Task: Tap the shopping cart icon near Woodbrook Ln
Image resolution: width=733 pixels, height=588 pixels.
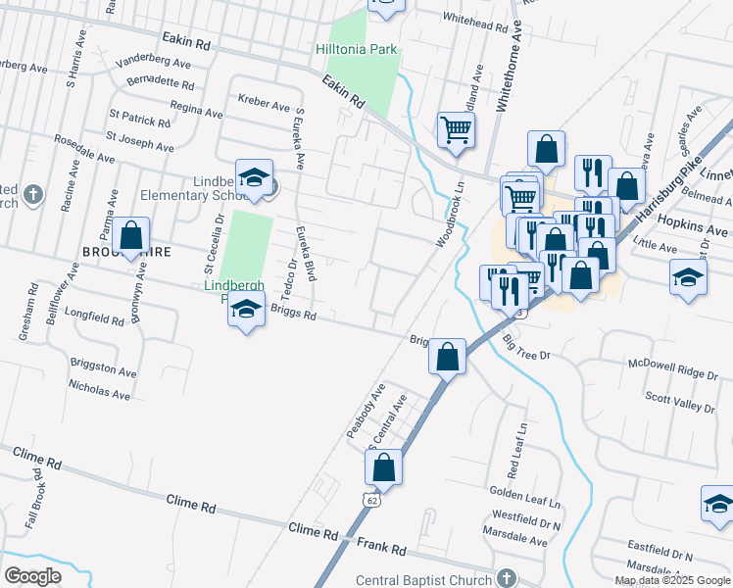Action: coord(456,129)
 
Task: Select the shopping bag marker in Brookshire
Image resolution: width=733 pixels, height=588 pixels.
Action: coord(130,237)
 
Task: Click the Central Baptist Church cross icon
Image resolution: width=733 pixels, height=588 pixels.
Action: coord(506,580)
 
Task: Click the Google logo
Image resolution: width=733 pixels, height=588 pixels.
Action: coord(33,575)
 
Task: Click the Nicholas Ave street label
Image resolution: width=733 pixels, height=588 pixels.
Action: coord(99,394)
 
